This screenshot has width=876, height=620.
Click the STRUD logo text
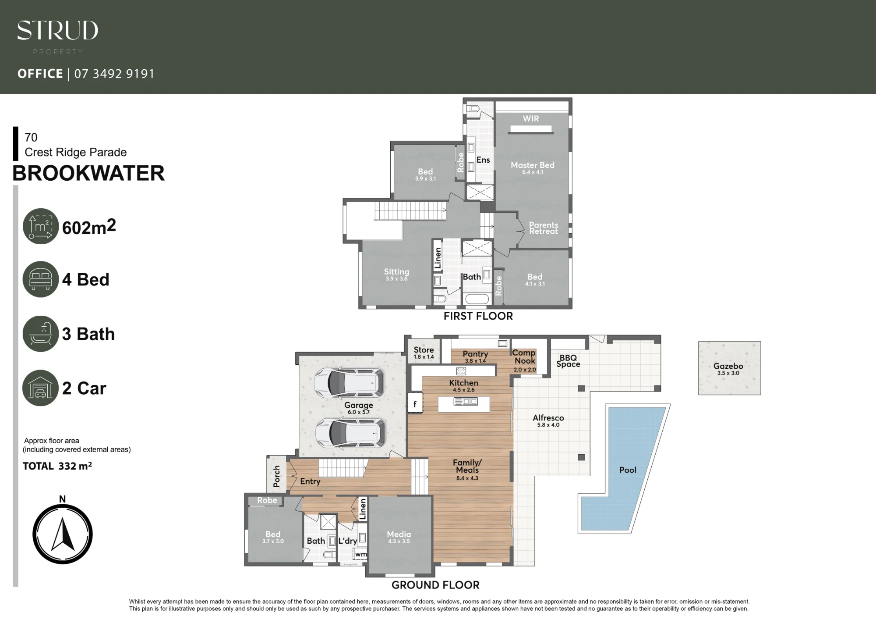coord(57,30)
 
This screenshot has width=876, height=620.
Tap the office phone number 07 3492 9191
coord(114,74)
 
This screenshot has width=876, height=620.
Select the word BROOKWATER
coord(88,173)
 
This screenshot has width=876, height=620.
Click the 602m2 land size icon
coord(40,226)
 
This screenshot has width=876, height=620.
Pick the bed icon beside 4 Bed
coord(40,279)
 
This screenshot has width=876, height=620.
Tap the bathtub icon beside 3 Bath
coord(40,334)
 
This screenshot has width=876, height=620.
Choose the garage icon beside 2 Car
coord(40,388)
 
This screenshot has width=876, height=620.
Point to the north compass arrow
coord(63,534)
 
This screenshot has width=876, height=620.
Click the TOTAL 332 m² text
coord(57,466)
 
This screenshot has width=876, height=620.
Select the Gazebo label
coord(728,366)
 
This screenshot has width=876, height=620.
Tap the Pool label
coord(628,470)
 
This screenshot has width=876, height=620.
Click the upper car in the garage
coord(350,382)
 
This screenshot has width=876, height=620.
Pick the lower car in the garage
coord(350,432)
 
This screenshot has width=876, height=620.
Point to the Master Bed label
coord(533,165)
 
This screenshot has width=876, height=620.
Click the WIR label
coord(531,118)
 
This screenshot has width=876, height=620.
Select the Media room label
coord(399,534)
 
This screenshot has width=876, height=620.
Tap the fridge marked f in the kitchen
coord(415,403)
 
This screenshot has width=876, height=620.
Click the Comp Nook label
coord(524,356)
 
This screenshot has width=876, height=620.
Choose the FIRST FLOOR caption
coord(478,316)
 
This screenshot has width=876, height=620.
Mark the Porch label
coord(276,476)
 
